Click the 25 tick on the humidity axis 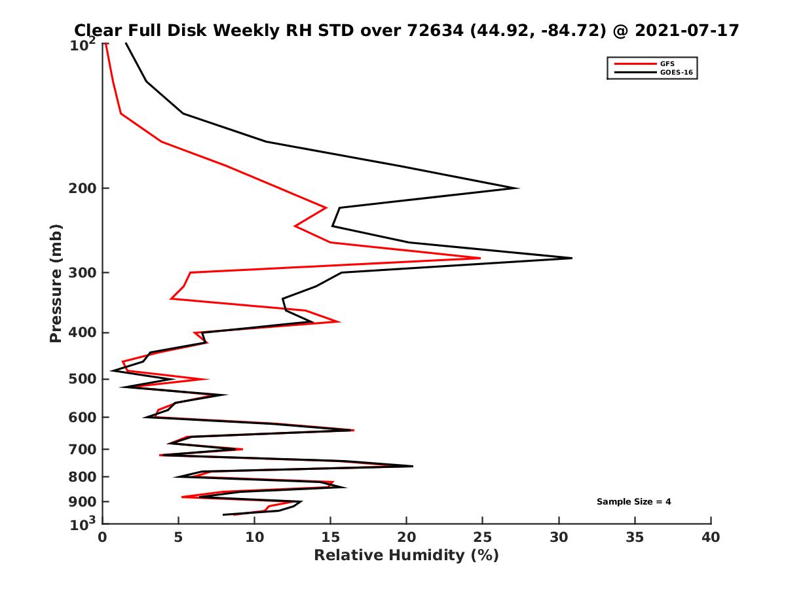coord(483,537)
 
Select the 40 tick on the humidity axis coord(711,537)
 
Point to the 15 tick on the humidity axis coord(331,537)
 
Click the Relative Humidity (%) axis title coord(406,556)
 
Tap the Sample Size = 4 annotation coord(633,502)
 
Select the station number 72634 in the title coord(436,30)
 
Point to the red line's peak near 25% coord(480,258)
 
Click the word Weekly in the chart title coord(221,30)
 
